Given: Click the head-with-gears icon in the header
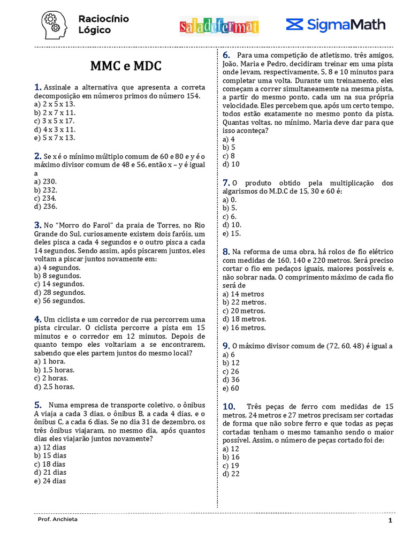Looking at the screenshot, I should (54, 25).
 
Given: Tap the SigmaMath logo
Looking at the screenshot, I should (336, 25).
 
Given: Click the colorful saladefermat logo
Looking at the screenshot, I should (219, 26).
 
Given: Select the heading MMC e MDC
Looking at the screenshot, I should (126, 66).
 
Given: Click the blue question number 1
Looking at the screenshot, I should (37, 87).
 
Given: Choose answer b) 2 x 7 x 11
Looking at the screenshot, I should (54, 113).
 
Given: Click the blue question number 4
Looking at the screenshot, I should (37, 319).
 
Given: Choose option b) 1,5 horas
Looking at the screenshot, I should (54, 370).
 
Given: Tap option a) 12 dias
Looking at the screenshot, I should (50, 447).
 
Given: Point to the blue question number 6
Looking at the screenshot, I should (226, 55).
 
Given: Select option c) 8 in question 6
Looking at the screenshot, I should (229, 156).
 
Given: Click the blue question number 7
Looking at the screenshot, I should (226, 183).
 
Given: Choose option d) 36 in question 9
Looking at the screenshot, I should (231, 379).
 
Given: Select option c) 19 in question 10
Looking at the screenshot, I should (231, 466).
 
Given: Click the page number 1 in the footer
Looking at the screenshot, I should (390, 521).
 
